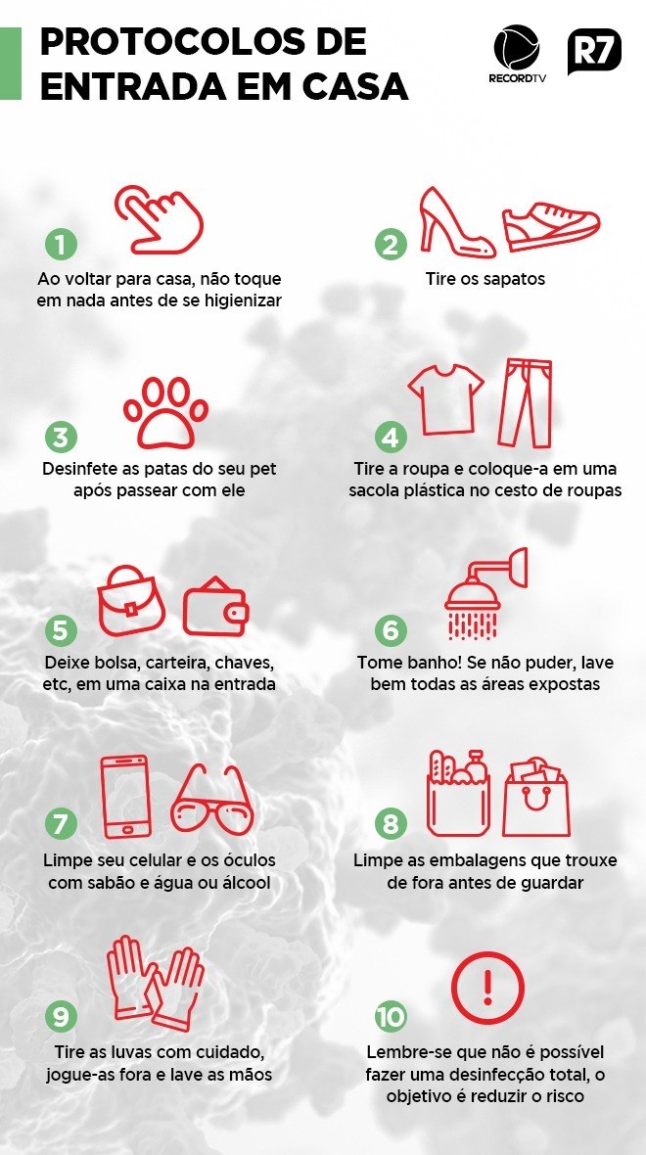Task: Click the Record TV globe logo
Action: [x=517, y=48]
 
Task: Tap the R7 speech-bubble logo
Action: [x=594, y=51]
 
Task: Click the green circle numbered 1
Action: [x=61, y=244]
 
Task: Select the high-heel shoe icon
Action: [x=457, y=222]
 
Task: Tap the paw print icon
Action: [x=165, y=412]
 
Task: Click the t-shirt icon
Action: [x=446, y=398]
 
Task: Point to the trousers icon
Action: [x=526, y=403]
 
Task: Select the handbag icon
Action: [x=132, y=600]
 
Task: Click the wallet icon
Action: [x=216, y=607]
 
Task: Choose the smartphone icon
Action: [x=125, y=797]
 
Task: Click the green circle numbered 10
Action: [x=392, y=1017]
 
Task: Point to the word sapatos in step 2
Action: [x=513, y=280]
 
